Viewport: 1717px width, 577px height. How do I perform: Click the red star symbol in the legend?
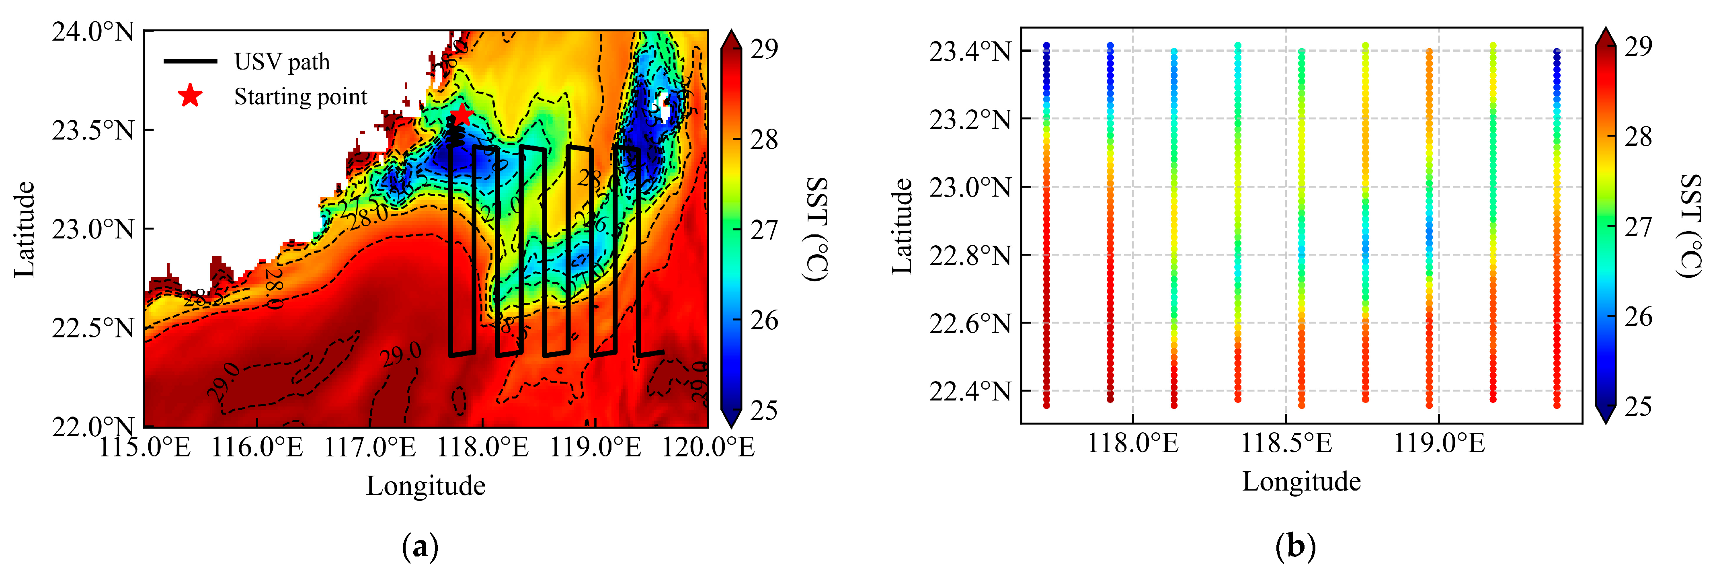tap(190, 96)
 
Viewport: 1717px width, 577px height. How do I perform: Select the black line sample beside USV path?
tap(190, 61)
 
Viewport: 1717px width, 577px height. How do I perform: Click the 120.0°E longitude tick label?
tap(708, 447)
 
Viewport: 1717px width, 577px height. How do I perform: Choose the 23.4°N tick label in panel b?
tap(970, 51)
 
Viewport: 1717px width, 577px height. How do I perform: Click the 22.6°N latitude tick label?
tap(970, 323)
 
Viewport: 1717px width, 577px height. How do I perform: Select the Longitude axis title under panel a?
tap(425, 486)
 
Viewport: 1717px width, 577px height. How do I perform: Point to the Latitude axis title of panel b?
tap(902, 226)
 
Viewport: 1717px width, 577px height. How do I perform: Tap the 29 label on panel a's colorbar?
tap(764, 49)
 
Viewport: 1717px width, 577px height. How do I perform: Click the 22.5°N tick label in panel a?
tap(93, 328)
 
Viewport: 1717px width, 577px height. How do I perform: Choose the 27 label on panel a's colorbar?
tap(764, 230)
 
